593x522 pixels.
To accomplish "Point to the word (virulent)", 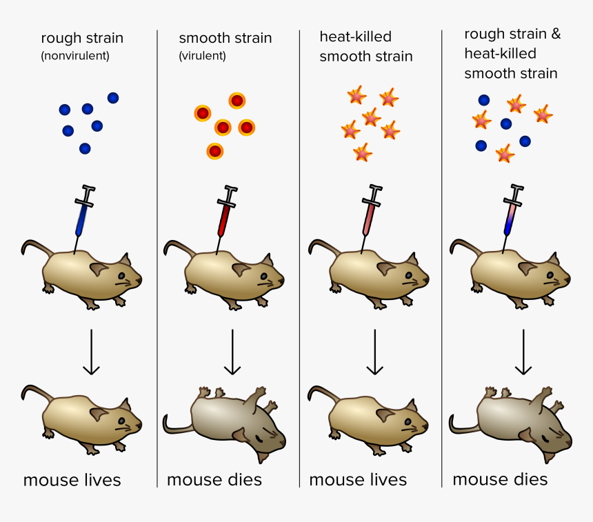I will (x=202, y=55).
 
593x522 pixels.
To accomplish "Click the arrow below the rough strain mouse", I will (x=91, y=352).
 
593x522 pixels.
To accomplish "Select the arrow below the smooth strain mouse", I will (x=232, y=352).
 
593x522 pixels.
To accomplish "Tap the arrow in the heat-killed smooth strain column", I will (x=374, y=352).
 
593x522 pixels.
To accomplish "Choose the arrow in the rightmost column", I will (x=523, y=352).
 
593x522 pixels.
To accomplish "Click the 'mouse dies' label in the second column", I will (x=214, y=479).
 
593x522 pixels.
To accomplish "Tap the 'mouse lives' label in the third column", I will (x=358, y=479).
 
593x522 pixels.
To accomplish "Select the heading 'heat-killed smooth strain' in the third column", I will (x=365, y=46).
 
